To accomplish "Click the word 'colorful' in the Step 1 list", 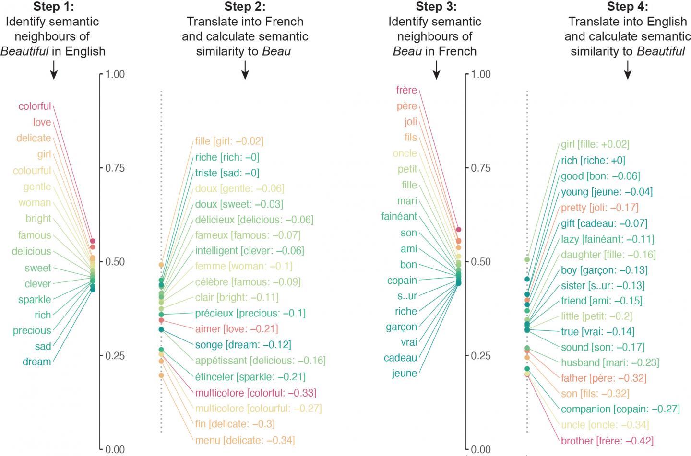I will point(35,106).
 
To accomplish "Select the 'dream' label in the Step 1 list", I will point(36,362).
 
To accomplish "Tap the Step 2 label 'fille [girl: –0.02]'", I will point(229,141).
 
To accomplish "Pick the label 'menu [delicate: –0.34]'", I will point(245,440).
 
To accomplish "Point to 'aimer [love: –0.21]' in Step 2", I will point(237,329).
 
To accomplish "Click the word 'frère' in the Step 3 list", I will point(406,90).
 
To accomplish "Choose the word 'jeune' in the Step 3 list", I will point(405,373).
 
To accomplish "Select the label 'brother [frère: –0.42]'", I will point(607,440).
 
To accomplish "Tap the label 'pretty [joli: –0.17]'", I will point(599,208).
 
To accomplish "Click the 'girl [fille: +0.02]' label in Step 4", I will point(595,144).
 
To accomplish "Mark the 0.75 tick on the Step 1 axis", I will point(115,168).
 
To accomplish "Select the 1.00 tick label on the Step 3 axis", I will point(481,74).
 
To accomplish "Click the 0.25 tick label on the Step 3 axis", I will point(481,355).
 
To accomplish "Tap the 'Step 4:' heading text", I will point(627,7).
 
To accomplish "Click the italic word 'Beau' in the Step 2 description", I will point(276,51).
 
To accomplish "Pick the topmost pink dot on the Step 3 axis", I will point(458,230).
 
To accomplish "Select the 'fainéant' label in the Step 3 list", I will point(399,216).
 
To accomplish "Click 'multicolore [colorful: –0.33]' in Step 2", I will point(255,393).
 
